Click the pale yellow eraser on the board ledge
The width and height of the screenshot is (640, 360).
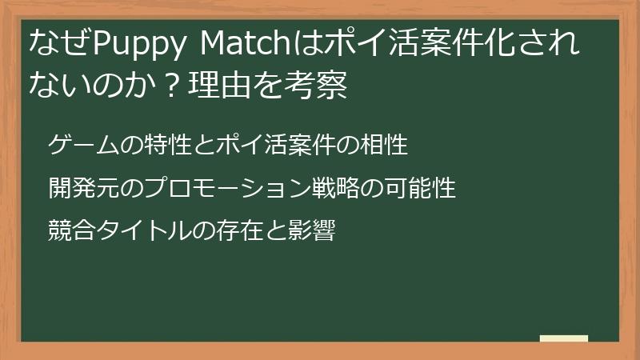point(563,339)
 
